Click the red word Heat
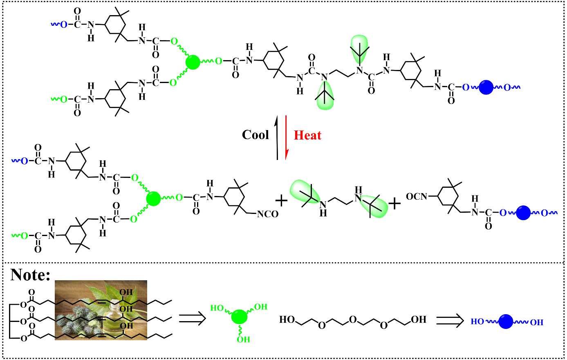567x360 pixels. [307, 135]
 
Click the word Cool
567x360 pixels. [255, 135]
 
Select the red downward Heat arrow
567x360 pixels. [286, 137]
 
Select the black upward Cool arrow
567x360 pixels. [277, 137]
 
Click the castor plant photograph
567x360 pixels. [101, 310]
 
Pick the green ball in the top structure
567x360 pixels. [193, 63]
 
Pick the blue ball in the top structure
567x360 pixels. [486, 87]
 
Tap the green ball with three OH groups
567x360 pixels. [240, 317]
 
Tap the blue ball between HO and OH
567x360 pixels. [506, 322]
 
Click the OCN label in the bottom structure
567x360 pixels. [416, 197]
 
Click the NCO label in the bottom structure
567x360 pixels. [267, 214]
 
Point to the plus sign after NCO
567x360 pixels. [281, 200]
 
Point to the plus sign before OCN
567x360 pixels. [394, 203]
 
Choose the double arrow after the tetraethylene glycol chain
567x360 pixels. [449, 320]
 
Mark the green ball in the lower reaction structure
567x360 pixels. [154, 198]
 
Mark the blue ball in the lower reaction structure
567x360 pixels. [523, 213]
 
